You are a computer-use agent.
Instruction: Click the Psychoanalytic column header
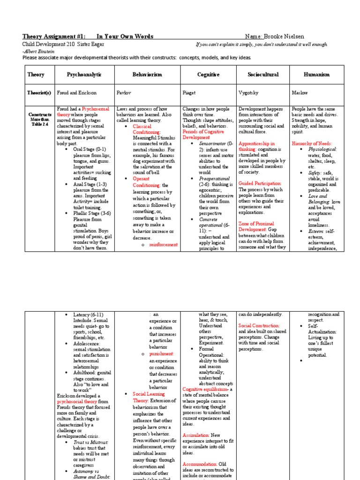84,75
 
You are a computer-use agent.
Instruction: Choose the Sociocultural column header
263,75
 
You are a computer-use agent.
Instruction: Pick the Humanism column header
317,75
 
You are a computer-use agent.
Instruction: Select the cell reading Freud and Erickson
76,93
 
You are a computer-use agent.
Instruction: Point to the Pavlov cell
123,93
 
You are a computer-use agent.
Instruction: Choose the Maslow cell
300,93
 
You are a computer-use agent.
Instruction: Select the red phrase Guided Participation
260,183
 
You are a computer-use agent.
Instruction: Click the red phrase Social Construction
259,325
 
